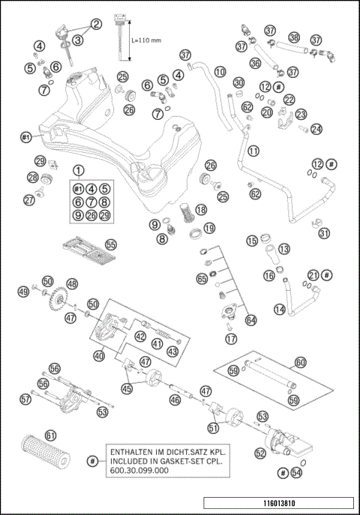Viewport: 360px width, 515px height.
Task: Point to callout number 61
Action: (50, 434)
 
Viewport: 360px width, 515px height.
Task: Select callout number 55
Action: (111, 244)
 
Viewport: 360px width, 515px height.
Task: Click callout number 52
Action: (260, 454)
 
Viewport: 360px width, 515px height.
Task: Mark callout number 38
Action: (294, 37)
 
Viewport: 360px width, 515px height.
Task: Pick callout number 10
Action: (220, 72)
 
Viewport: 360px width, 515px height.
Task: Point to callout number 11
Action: (253, 150)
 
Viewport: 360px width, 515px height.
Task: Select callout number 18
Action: (200, 211)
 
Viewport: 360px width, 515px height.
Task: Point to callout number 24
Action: (316, 128)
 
